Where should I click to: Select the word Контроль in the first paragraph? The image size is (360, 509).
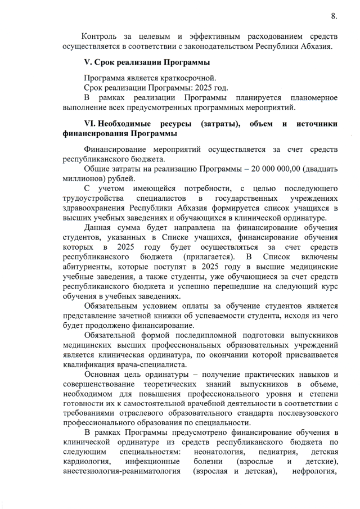pos(102,36)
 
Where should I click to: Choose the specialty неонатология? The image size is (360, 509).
pos(220,452)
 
